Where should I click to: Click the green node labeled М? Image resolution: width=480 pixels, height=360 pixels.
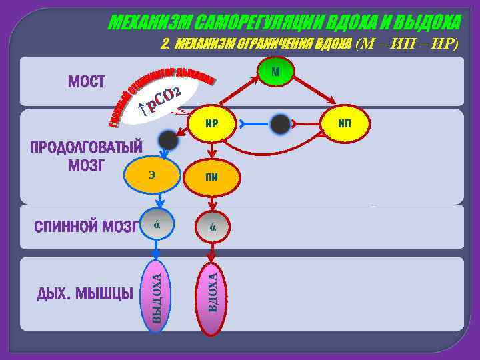pyautogui.click(x=275, y=72)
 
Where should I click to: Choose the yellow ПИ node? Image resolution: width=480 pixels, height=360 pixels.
pyautogui.click(x=211, y=175)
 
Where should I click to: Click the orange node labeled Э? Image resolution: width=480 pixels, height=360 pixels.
pyautogui.click(x=153, y=175)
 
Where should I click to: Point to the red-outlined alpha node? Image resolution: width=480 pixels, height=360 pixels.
pyautogui.click(x=211, y=227)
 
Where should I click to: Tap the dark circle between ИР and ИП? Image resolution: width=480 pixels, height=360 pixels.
pyautogui.click(x=281, y=124)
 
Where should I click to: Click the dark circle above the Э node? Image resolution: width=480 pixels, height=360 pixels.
pyautogui.click(x=168, y=139)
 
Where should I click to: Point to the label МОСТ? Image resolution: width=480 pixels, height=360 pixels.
pyautogui.click(x=87, y=82)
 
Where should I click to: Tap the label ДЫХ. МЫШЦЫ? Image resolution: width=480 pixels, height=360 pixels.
pyautogui.click(x=85, y=293)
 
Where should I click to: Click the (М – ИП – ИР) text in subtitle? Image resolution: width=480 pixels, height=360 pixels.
pyautogui.click(x=408, y=44)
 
